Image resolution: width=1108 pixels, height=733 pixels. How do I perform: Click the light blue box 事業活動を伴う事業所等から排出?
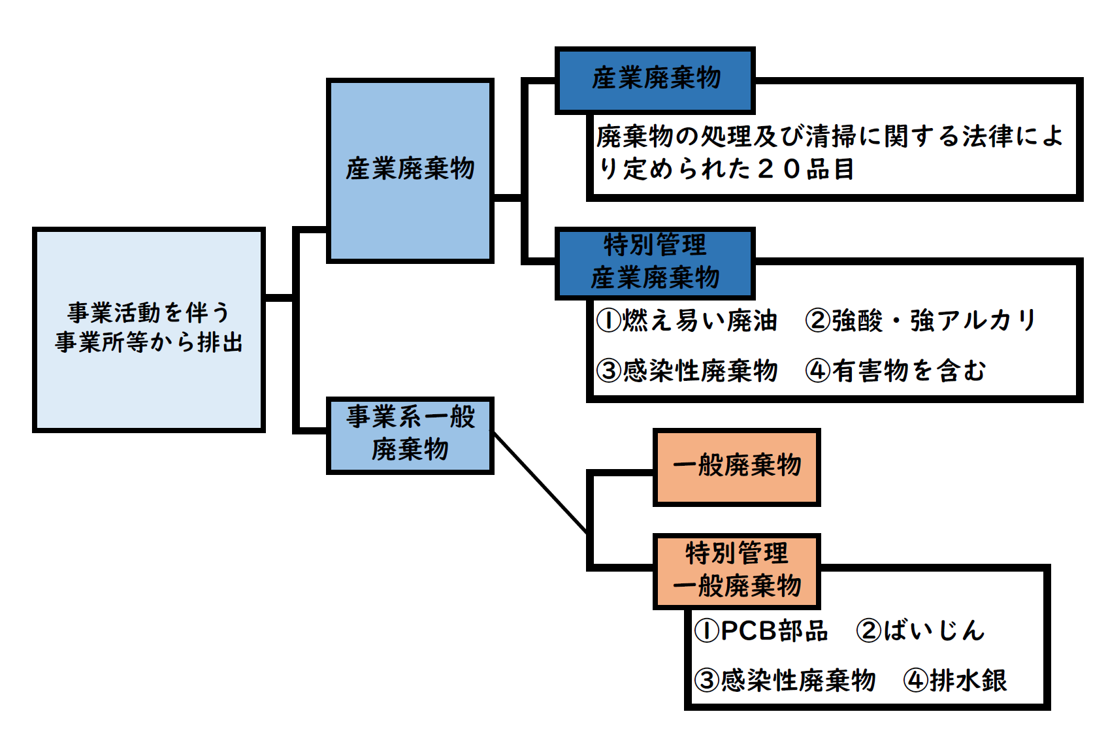coord(148,330)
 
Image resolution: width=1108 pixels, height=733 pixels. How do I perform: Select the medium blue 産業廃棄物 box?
coord(410,171)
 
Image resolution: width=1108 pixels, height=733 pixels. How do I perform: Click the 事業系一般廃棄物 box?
coord(410,434)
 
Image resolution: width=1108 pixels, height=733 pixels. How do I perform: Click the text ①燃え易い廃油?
coord(687,321)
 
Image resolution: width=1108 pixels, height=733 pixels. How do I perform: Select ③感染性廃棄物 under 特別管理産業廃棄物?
coord(687,370)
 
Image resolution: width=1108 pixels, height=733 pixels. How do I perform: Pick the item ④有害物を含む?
coord(895,370)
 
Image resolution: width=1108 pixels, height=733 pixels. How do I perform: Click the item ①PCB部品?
coord(761,630)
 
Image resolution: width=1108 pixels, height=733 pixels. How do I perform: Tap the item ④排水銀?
coord(955,680)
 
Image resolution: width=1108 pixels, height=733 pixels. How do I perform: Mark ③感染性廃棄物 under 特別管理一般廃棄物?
coord(785,680)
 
